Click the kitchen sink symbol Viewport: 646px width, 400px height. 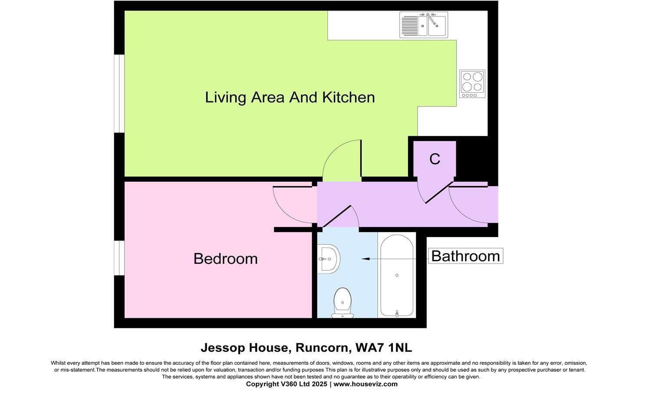(x=424, y=25)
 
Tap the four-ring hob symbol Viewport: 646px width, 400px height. (x=472, y=83)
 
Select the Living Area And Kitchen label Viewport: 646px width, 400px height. (x=290, y=97)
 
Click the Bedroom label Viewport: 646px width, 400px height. (x=225, y=259)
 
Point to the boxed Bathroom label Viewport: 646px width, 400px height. (x=465, y=256)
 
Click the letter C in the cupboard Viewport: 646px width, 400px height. (x=435, y=159)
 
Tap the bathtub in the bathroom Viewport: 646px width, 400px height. (x=397, y=275)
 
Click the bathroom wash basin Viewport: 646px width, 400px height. (x=329, y=259)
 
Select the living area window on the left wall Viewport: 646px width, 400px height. (x=119, y=93)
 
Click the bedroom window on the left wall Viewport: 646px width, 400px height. (x=119, y=258)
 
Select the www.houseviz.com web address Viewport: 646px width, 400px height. (x=366, y=384)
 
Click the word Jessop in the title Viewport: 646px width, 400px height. (x=223, y=348)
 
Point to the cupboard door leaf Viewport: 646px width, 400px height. (x=438, y=194)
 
